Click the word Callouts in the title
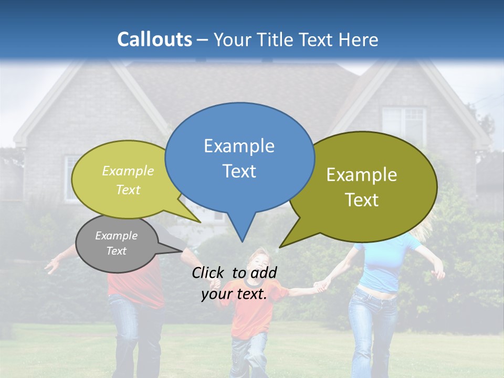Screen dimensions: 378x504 click(154, 39)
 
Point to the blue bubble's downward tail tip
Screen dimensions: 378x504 click(242, 241)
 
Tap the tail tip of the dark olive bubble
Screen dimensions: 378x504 click(281, 246)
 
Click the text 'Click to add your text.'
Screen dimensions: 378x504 click(234, 283)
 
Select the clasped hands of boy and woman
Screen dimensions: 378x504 click(320, 286)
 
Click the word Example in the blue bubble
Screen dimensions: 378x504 click(239, 146)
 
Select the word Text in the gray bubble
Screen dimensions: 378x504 click(117, 251)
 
